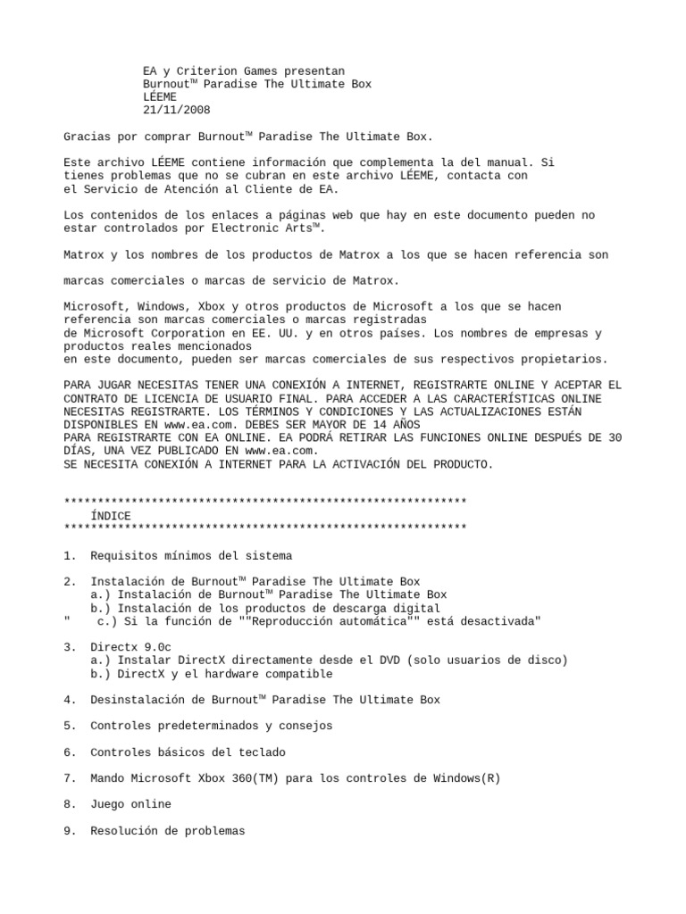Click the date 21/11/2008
coord(177,111)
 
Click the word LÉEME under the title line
coord(160,97)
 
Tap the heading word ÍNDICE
coord(111,516)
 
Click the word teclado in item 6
coord(264,752)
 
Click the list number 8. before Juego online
coord(70,804)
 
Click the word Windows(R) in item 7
coord(467,778)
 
